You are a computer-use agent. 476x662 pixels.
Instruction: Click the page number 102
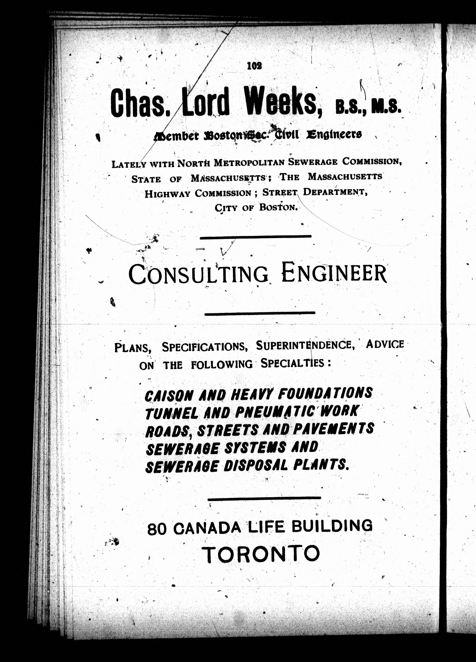pos(254,66)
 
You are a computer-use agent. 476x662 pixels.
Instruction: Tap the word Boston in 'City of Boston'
pos(278,207)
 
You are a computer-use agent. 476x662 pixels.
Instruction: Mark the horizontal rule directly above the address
pos(264,498)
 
